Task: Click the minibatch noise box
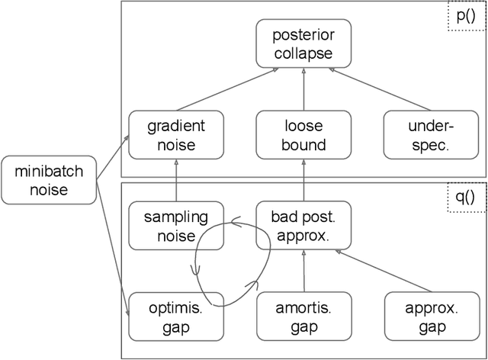click(47, 179)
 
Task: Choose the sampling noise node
click(176, 225)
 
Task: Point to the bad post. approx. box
click(303, 225)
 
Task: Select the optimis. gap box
click(176, 317)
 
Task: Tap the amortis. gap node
click(303, 317)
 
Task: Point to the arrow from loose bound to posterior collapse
click(303, 89)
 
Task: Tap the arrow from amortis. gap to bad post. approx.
click(303, 271)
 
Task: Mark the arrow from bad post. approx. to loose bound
click(303, 179)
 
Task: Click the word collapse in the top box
click(303, 54)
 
